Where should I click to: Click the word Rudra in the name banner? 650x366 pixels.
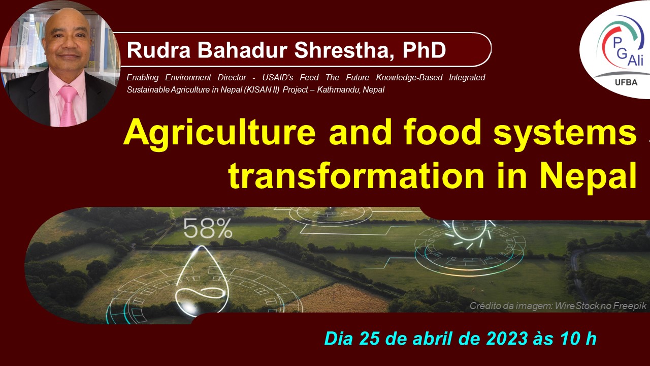coord(158,50)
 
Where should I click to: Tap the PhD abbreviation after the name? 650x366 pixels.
coord(424,50)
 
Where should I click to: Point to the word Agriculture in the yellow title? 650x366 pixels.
coord(220,133)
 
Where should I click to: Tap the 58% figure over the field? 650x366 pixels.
coord(208,228)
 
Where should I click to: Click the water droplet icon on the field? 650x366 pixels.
coord(202,281)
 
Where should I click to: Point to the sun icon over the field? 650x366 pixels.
coord(468,234)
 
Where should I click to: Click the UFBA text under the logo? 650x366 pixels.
coord(626,83)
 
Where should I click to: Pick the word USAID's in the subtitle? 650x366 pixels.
coord(278,78)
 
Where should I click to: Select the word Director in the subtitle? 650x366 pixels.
coord(232,78)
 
